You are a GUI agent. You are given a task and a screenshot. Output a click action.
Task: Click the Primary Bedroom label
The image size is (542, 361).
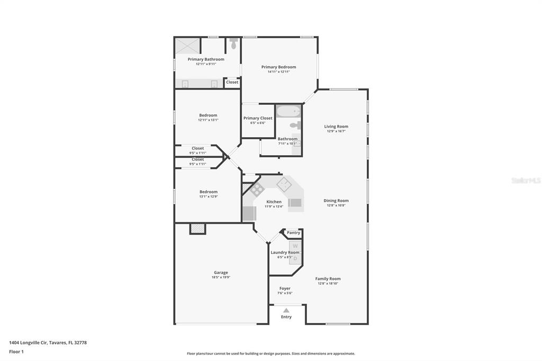tap(278, 67)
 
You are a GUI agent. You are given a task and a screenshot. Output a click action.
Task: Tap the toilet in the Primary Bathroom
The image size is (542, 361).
tap(234, 43)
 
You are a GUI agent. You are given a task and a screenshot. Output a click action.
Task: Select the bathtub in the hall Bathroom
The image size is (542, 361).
tap(288, 111)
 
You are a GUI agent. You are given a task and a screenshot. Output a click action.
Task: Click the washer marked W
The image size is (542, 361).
tap(295, 246)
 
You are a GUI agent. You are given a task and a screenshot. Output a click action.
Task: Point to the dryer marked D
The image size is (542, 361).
tap(295, 259)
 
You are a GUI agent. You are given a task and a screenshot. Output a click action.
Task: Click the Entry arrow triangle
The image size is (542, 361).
tap(286, 310)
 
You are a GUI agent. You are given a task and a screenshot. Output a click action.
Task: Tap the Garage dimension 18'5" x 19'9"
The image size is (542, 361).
tap(221, 277)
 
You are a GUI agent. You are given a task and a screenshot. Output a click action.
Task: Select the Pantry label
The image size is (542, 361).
tap(293, 233)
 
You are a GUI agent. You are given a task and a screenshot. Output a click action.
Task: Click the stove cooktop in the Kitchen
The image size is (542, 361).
tap(257, 189)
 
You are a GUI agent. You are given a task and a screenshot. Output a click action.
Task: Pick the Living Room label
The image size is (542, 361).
tap(336, 127)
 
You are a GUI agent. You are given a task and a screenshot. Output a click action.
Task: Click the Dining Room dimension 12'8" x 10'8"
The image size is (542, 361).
tap(336, 205)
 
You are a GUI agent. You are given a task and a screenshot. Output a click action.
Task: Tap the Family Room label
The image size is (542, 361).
tap(328, 279)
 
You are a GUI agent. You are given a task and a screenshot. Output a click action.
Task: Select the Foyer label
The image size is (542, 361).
tap(285, 288)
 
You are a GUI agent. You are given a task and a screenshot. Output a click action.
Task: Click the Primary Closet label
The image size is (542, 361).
tap(258, 118)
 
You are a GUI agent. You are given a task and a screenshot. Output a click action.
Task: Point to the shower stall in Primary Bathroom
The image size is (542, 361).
tap(188, 46)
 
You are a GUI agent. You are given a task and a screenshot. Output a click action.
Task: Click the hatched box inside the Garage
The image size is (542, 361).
tap(198, 229)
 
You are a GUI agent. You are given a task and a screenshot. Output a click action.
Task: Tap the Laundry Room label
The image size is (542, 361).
tap(285, 252)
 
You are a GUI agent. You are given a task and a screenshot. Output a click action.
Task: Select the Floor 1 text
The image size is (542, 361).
tap(16, 351)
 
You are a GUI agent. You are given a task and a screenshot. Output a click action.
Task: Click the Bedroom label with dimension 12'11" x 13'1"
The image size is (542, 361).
tap(208, 115)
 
